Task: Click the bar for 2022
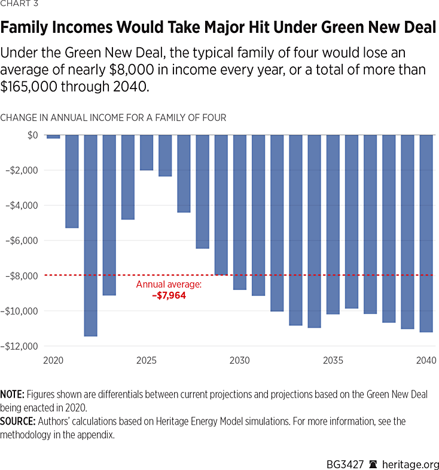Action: [x=91, y=235]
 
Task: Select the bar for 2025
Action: [x=147, y=152]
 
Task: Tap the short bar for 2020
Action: [x=53, y=137]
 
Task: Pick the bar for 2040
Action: [x=426, y=233]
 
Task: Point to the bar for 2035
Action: [x=333, y=224]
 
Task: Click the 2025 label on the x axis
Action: [x=147, y=361]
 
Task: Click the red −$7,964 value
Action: [x=169, y=295]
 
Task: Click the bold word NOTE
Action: [x=11, y=395]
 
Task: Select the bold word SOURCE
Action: [x=17, y=422]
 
